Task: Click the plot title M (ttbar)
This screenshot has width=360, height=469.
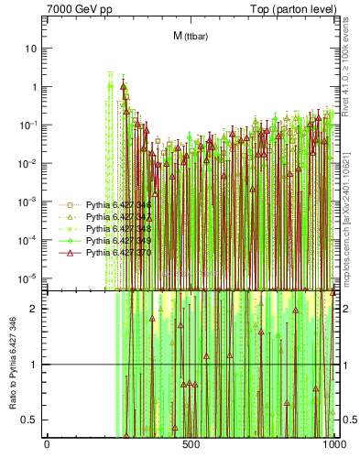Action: pos(190,36)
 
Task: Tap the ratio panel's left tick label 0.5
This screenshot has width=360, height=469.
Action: pos(31,420)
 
